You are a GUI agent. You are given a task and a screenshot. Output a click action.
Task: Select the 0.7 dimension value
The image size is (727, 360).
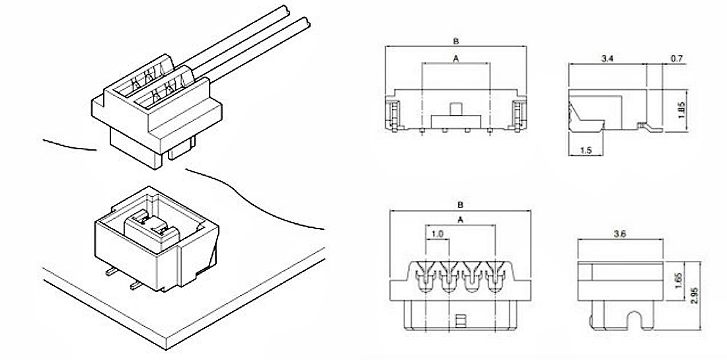[677, 58]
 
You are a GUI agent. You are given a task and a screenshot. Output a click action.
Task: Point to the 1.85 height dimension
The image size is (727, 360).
[681, 110]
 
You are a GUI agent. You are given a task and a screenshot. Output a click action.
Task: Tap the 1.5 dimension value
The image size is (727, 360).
[586, 150]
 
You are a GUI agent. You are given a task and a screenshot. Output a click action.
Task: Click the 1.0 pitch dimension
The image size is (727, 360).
[438, 234]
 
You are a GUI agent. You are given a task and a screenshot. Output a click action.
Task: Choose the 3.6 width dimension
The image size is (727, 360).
[619, 234]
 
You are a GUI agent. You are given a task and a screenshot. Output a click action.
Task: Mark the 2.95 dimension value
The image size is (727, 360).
[694, 295]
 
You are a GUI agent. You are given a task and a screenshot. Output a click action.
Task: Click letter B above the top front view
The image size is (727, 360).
[456, 41]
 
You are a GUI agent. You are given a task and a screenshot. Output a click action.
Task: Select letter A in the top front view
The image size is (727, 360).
[456, 58]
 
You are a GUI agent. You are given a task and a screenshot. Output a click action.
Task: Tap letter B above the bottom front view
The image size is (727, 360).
[461, 204]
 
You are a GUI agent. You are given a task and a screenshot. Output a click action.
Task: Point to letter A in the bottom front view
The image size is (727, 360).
[461, 220]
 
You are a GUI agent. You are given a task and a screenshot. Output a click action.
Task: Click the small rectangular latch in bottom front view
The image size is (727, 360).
[461, 320]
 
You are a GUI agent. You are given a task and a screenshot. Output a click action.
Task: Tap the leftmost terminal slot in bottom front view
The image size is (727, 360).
[426, 277]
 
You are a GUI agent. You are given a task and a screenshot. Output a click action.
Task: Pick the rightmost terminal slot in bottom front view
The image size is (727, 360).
[496, 277]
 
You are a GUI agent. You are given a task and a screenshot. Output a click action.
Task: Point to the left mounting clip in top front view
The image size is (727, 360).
[393, 115]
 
